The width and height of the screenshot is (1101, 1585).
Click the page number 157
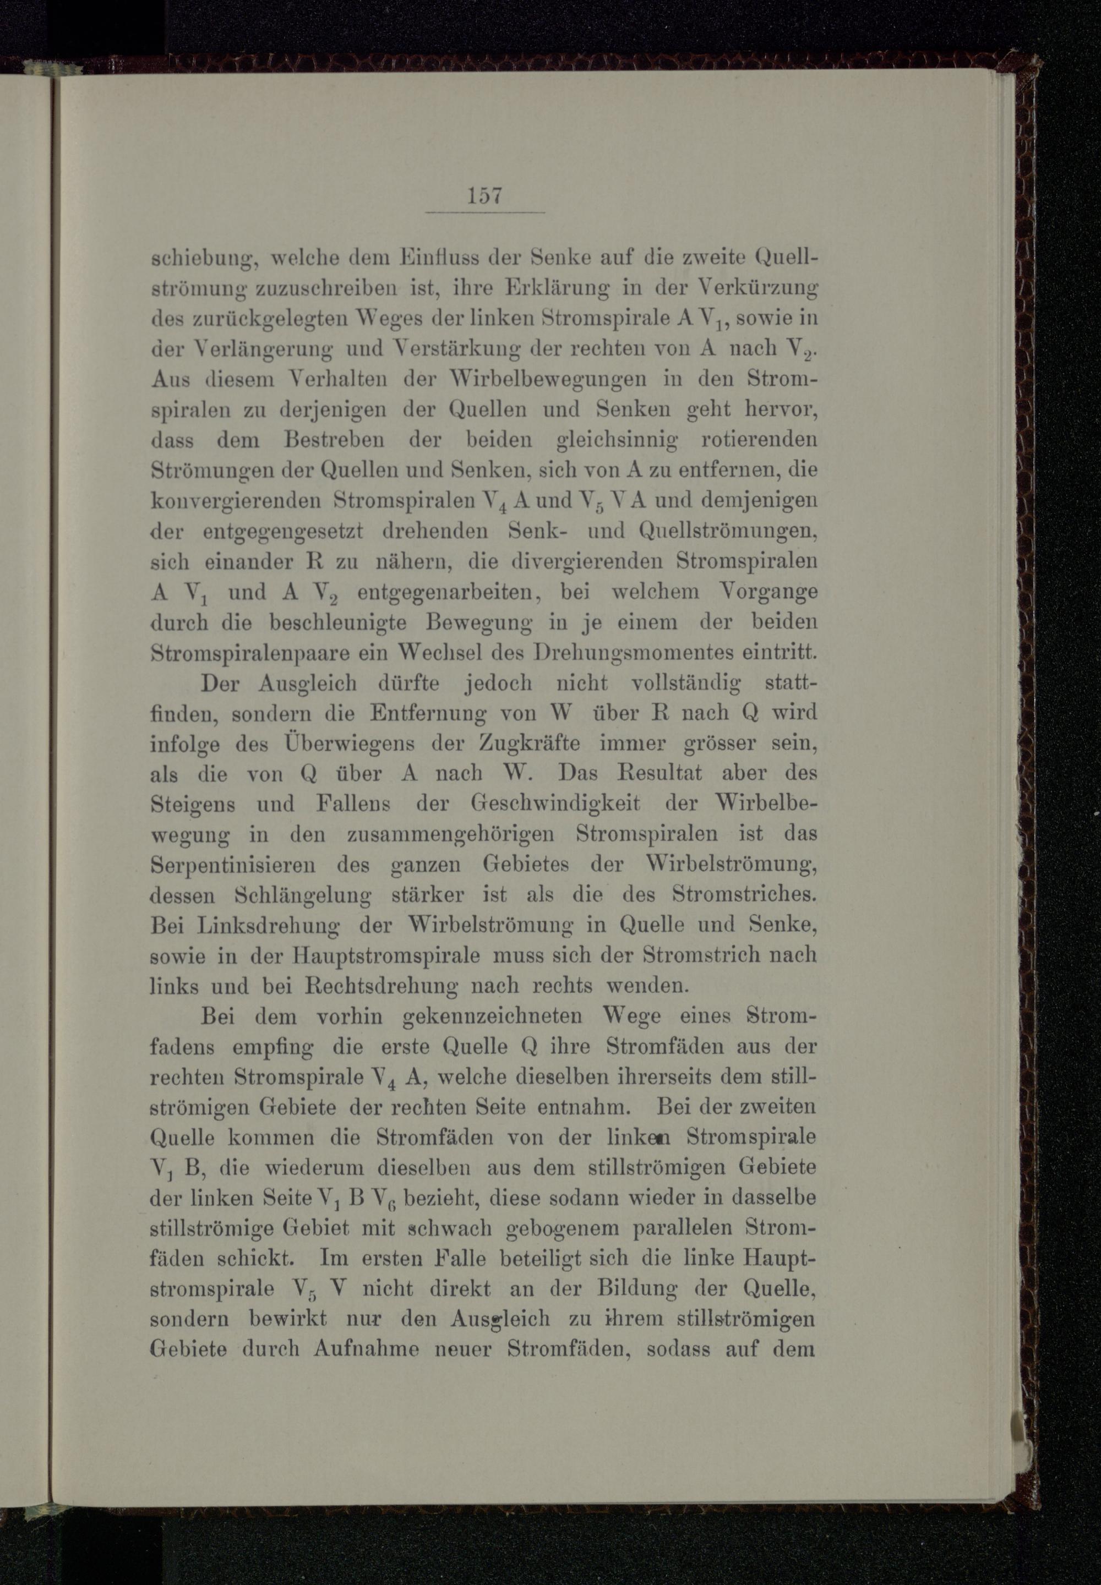pos(484,196)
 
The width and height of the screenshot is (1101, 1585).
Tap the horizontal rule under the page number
pos(485,212)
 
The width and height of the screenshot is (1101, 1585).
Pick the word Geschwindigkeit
pos(556,804)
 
